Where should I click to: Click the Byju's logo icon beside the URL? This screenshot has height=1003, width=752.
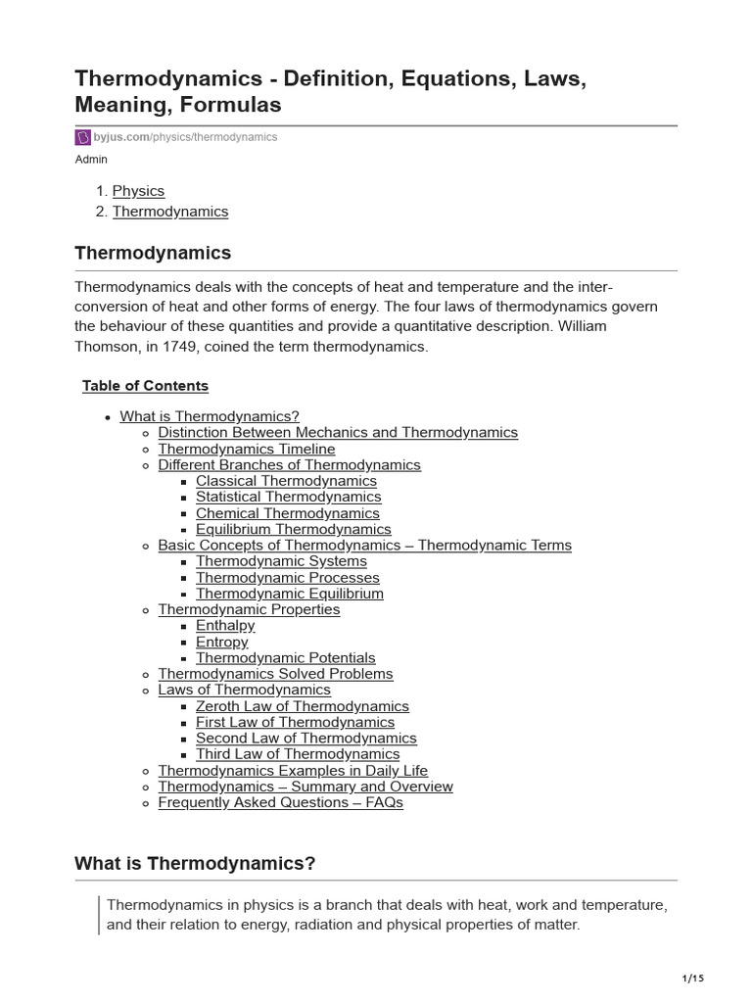click(83, 137)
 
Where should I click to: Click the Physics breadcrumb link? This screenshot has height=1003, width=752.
click(138, 191)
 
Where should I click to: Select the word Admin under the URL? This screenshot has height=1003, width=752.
click(91, 160)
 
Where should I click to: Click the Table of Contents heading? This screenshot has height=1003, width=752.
click(145, 386)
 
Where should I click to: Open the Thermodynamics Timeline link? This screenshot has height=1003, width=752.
click(246, 449)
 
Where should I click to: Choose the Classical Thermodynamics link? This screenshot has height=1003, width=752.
click(286, 481)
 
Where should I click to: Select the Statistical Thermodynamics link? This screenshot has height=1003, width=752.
click(288, 497)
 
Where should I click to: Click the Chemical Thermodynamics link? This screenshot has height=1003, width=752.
click(287, 513)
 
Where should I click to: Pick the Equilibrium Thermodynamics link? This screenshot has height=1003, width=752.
click(293, 529)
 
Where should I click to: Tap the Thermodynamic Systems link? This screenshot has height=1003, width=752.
click(281, 561)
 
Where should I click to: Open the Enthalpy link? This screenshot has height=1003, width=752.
click(225, 625)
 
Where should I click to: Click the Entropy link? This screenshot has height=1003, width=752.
click(221, 642)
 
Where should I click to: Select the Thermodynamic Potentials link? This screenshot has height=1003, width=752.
click(285, 658)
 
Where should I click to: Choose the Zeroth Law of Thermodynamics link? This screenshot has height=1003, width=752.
click(302, 706)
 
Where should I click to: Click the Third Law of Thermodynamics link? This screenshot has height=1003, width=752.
click(298, 754)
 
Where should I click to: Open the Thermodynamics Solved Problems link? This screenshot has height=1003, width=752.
click(275, 674)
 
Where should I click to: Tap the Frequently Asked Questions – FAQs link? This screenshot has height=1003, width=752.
click(280, 802)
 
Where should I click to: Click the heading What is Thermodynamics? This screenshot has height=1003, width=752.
click(195, 863)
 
